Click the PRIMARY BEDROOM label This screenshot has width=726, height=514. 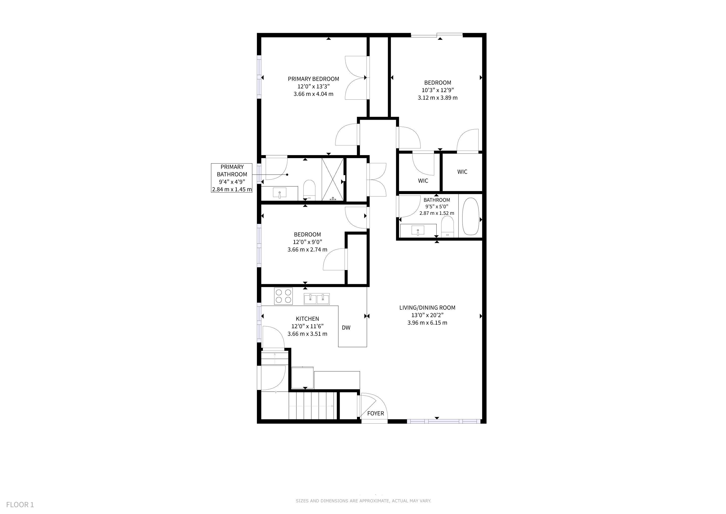pyautogui.click(x=313, y=79)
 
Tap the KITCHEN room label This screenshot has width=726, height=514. pyautogui.click(x=307, y=319)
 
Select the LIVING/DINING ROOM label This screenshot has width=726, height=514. pyautogui.click(x=427, y=307)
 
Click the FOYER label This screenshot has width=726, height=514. pyautogui.click(x=376, y=413)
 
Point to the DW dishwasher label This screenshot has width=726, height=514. pyautogui.click(x=346, y=328)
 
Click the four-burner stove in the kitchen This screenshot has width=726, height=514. pyautogui.click(x=283, y=296)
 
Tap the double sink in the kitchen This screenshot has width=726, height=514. pyautogui.click(x=317, y=299)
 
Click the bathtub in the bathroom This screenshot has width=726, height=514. pyautogui.click(x=471, y=217)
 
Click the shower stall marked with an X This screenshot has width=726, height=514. pyautogui.click(x=332, y=179)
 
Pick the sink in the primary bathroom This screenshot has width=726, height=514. pyautogui.click(x=280, y=193)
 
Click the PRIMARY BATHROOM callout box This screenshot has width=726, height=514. pyautogui.click(x=232, y=178)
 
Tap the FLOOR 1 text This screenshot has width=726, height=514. pyautogui.click(x=20, y=504)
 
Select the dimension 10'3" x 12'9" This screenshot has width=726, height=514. pyautogui.click(x=438, y=90)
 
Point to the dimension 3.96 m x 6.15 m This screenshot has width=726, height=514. pyautogui.click(x=427, y=323)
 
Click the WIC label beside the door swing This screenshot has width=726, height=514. pyautogui.click(x=423, y=181)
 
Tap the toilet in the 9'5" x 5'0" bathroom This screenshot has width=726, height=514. pyautogui.click(x=447, y=226)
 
